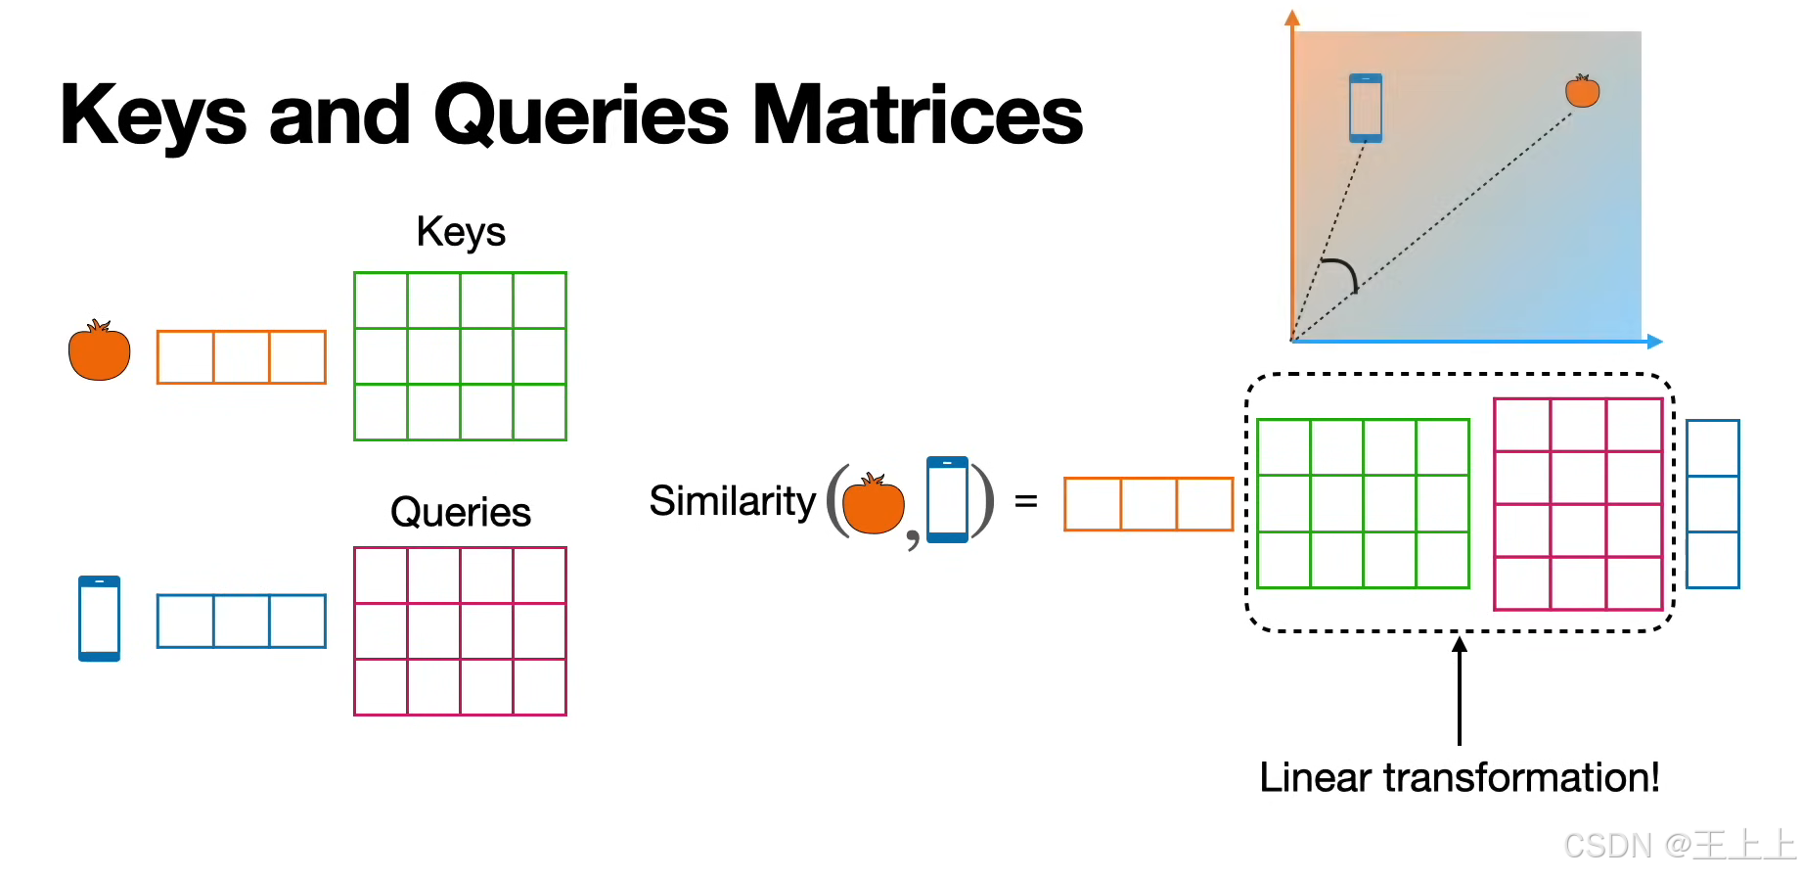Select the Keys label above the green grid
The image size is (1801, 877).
click(x=461, y=233)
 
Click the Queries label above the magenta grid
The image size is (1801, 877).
click(x=461, y=512)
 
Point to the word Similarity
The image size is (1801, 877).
click(x=732, y=501)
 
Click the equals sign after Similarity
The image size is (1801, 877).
click(x=1025, y=502)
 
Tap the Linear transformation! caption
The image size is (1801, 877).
click(x=1459, y=778)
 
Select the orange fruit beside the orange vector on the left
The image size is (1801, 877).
click(x=99, y=351)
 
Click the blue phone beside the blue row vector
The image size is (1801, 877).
click(x=99, y=619)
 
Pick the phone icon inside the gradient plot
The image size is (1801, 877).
click(x=1366, y=108)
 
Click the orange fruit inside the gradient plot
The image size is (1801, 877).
click(x=1582, y=91)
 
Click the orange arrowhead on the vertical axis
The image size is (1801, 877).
click(x=1292, y=18)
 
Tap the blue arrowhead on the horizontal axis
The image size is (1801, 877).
click(x=1654, y=342)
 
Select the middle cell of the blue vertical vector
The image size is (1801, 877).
click(x=1713, y=504)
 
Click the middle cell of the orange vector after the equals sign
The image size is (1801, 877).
click(x=1148, y=504)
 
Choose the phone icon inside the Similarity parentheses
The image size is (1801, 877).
click(x=947, y=499)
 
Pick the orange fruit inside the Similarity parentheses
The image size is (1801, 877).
click(x=873, y=505)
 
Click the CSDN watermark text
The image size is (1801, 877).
click(x=1679, y=845)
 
